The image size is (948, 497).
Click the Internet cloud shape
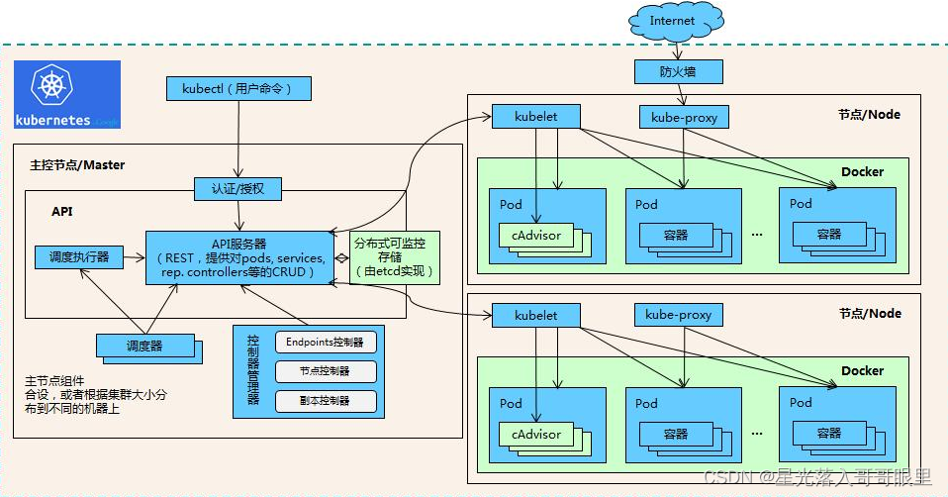672,21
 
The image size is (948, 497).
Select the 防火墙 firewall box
677,71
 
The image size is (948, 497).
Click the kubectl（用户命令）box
238,89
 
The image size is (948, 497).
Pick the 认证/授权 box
237,188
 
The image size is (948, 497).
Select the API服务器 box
239,257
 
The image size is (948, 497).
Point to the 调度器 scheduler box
144,346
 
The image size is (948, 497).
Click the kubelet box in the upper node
536,116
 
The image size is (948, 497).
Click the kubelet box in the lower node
536,315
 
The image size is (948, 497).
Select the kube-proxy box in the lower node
678,315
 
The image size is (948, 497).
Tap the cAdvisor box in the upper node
535,236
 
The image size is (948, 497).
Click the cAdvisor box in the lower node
535,434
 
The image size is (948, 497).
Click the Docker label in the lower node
862,370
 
